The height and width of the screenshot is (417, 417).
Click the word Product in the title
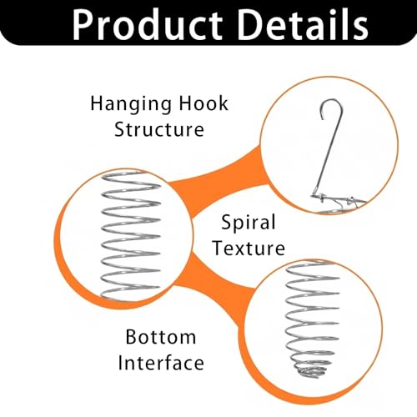click(x=148, y=24)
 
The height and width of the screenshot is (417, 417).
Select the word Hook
click(x=203, y=103)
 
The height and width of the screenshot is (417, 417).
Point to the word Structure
click(x=159, y=129)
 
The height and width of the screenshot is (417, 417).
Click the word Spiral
click(x=249, y=223)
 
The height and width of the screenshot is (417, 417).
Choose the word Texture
click(x=249, y=248)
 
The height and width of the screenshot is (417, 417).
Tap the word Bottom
click(x=161, y=337)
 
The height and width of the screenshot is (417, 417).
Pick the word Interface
click(x=161, y=363)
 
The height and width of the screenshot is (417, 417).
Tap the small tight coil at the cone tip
click(x=310, y=371)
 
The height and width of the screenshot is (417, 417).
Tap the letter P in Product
click(x=83, y=25)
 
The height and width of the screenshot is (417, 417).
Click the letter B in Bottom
click(x=131, y=337)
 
